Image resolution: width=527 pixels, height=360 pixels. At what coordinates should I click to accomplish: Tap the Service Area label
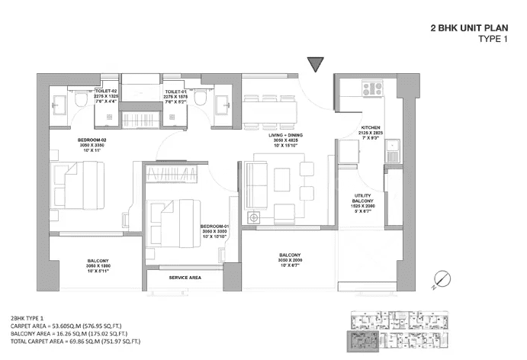coord(185,278)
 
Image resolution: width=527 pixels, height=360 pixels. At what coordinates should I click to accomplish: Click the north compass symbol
coord(439,280)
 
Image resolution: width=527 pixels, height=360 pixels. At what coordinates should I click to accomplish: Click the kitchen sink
coord(394,149)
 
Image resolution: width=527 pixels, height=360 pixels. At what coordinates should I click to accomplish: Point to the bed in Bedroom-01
coord(172,211)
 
